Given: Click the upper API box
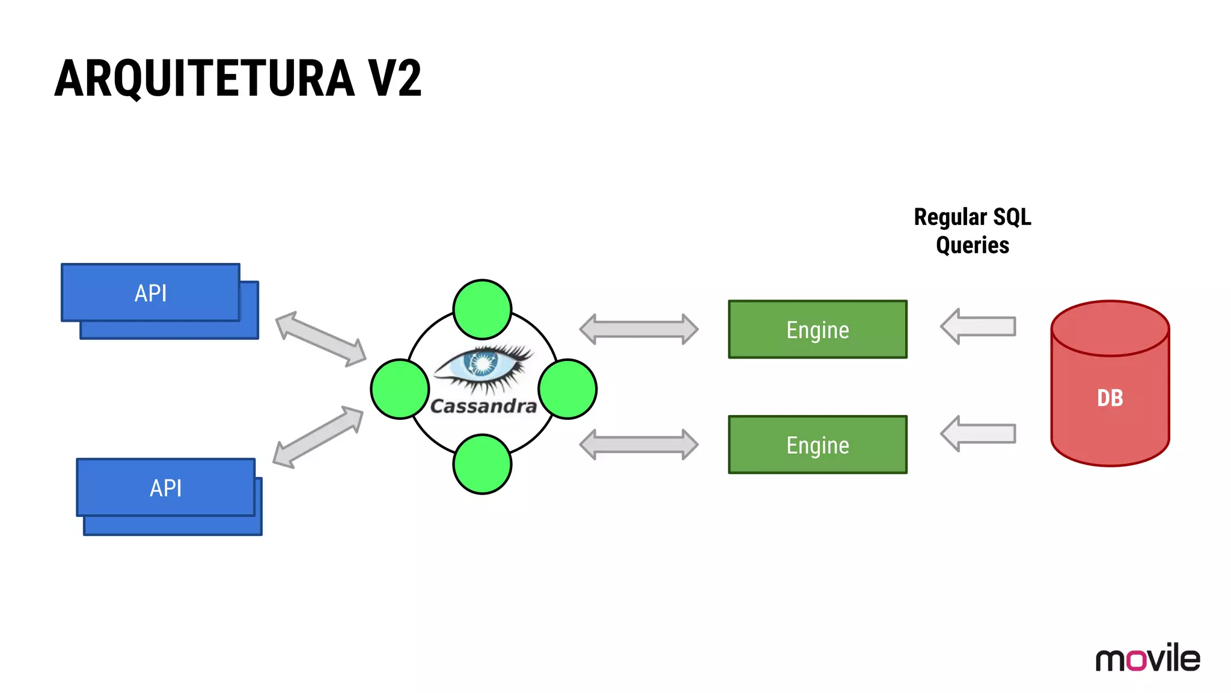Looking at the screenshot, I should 150,293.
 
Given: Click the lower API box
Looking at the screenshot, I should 166,488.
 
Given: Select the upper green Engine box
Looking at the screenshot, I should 817,330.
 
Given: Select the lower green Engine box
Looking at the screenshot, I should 817,445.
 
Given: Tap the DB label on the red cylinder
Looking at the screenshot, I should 1110,398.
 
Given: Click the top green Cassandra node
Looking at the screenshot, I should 482,309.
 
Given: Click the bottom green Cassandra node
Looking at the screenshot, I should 482,464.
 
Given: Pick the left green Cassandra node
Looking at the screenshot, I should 400,389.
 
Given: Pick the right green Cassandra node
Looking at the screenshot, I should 567,389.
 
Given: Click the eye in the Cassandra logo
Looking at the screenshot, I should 483,365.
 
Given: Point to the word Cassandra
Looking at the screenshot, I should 483,407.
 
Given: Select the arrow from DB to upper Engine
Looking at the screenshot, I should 978,327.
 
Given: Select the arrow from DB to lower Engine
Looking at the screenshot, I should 978,434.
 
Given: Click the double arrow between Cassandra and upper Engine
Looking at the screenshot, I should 638,329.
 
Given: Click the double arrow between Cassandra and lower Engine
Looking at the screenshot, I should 638,445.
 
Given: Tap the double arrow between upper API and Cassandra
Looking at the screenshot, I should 320,339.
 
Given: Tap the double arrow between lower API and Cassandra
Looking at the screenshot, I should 318,437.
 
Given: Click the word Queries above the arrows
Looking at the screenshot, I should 972,245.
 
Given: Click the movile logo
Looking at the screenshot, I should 1147,658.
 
